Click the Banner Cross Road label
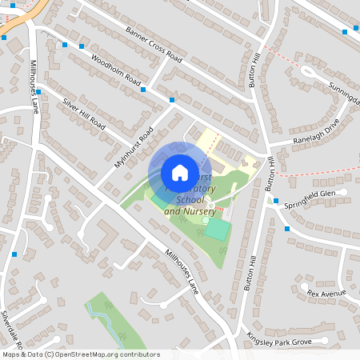[x=154, y=45]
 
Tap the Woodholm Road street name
[x=117, y=72]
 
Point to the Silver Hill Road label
[x=84, y=114]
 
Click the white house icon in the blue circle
[x=179, y=172]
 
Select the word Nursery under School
[x=200, y=211]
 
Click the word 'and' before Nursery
[x=172, y=211]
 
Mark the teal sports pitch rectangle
[x=216, y=229]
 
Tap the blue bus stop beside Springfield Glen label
[x=275, y=201]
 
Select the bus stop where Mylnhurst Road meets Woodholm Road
[x=171, y=100]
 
